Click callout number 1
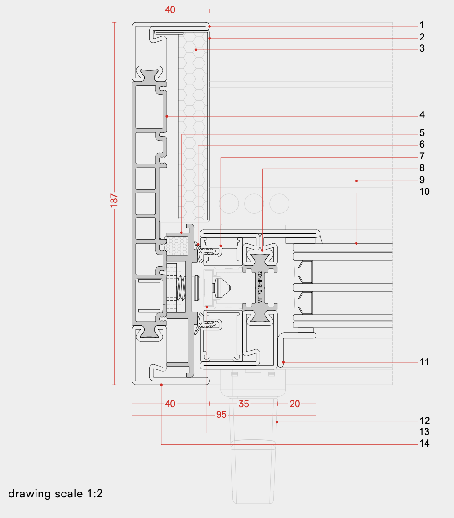click(422, 25)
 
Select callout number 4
click(422, 115)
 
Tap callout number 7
click(422, 156)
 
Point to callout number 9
click(422, 180)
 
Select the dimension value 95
click(221, 415)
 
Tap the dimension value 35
click(243, 404)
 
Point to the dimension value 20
click(294, 404)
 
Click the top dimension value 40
click(170, 10)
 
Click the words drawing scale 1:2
click(56, 494)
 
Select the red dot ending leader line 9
click(356, 181)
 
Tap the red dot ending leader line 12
click(277, 422)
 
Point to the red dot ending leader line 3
click(196, 49)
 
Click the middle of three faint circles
click(254, 203)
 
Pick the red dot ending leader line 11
click(283, 362)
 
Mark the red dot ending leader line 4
click(167, 116)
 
